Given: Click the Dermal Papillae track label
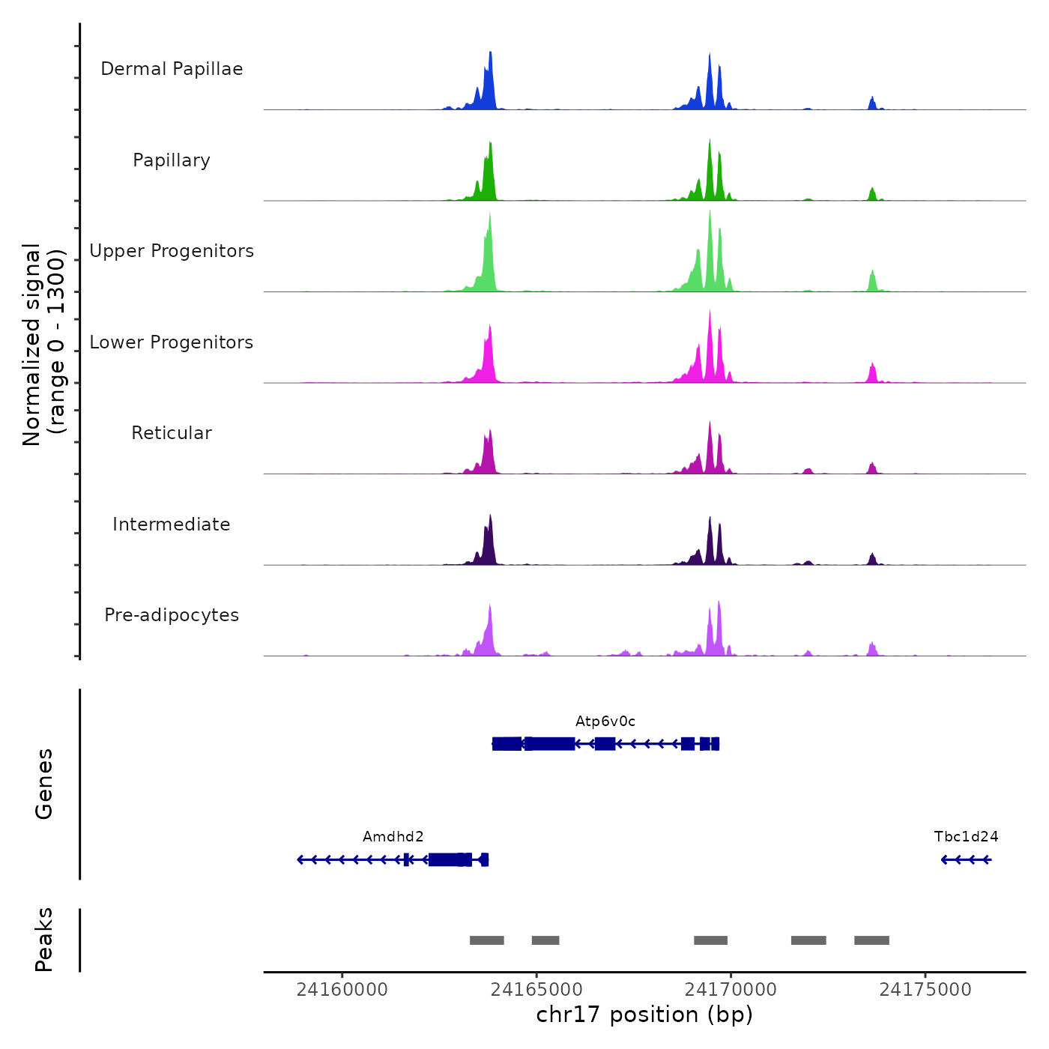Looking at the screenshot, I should click(x=172, y=69).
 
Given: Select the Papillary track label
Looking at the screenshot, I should click(x=172, y=160).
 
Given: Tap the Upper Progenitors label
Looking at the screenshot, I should click(x=172, y=251).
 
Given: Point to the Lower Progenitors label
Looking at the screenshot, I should click(x=172, y=342).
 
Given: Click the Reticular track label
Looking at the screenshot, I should click(x=172, y=433).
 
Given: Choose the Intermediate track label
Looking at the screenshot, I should click(x=172, y=524).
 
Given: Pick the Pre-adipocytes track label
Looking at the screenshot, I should click(x=172, y=615).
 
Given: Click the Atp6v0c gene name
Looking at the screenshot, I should click(x=605, y=722).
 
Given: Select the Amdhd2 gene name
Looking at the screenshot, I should click(x=393, y=837).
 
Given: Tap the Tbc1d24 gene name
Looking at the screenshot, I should click(x=966, y=837).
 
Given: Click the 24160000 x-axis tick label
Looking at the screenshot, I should click(x=342, y=990).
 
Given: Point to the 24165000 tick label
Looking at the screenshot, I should click(x=536, y=990).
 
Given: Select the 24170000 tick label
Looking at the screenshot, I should click(x=731, y=990).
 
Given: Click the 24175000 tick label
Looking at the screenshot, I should click(x=925, y=990).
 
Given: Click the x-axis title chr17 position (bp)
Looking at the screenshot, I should click(x=644, y=1015).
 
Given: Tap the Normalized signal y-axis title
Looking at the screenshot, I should click(x=43, y=345).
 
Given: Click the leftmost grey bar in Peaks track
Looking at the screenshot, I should click(x=487, y=940).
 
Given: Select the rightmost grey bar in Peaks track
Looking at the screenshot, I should click(x=871, y=940).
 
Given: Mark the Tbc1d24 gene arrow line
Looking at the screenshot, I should click(x=967, y=859).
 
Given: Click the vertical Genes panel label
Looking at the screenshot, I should click(x=44, y=784).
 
